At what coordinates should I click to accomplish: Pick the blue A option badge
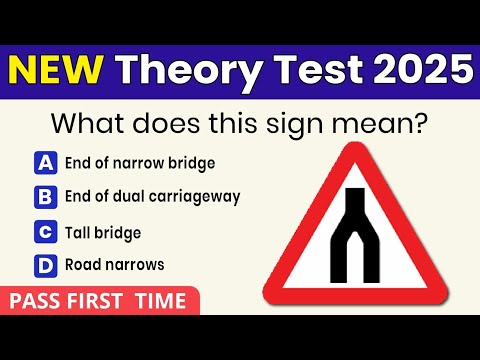(x=46, y=162)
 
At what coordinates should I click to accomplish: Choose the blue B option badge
(x=46, y=196)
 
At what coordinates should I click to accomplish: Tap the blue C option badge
(x=46, y=232)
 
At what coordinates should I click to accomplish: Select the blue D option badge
(x=46, y=265)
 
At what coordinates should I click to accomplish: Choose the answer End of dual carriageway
(x=152, y=196)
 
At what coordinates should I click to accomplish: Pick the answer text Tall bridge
(x=103, y=232)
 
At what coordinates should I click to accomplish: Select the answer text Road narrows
(x=114, y=265)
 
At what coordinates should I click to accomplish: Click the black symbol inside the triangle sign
(x=356, y=234)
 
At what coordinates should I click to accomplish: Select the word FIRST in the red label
(x=100, y=301)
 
